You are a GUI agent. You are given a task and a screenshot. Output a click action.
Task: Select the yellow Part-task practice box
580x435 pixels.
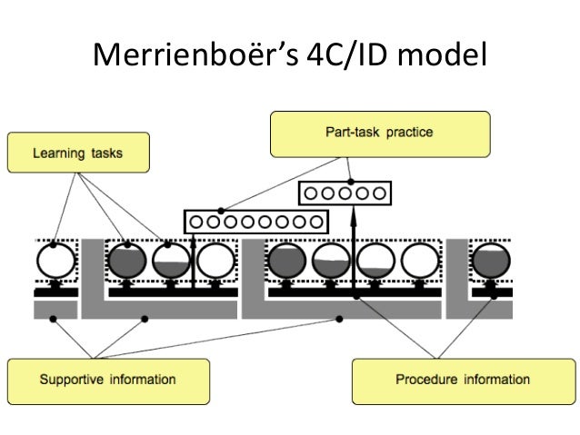[x=380, y=133]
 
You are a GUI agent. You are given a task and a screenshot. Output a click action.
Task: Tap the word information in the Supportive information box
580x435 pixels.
[x=144, y=380]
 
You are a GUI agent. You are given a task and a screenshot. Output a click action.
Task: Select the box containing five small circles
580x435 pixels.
[x=345, y=193]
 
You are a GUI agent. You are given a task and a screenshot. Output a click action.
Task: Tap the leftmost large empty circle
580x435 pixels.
[x=54, y=262]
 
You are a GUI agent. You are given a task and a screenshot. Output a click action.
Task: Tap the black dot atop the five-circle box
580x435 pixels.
[x=351, y=182]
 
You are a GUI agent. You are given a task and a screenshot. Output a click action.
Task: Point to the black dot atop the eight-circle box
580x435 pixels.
[x=221, y=210]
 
